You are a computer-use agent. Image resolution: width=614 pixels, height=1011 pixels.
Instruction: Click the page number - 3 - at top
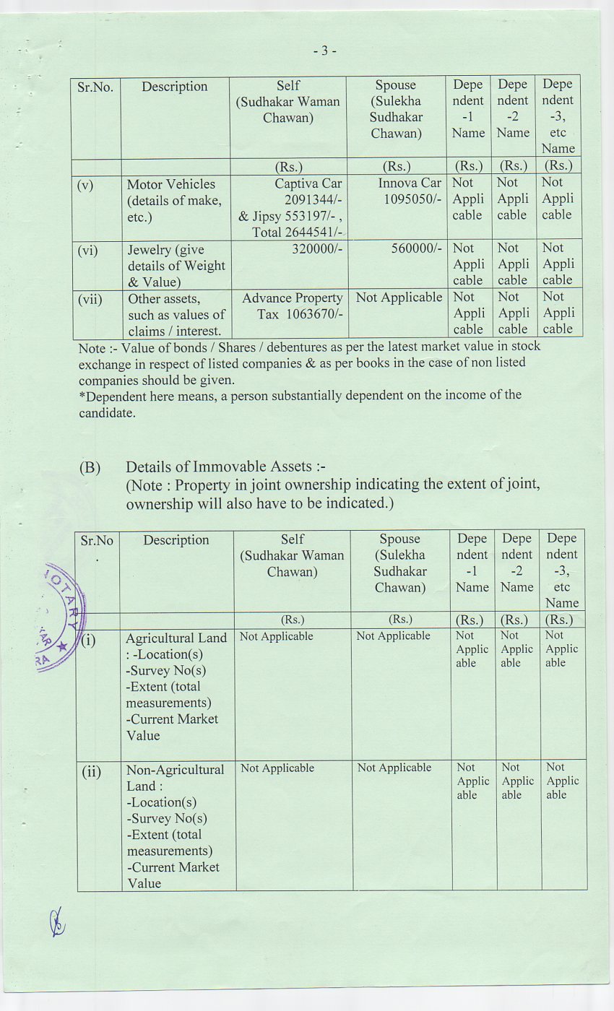(x=325, y=51)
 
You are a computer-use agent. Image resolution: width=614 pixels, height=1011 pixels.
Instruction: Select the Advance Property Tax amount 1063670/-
(x=313, y=315)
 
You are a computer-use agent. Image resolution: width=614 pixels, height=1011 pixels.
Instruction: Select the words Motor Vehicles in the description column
(x=171, y=184)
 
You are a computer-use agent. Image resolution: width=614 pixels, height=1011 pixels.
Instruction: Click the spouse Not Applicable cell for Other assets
(x=399, y=298)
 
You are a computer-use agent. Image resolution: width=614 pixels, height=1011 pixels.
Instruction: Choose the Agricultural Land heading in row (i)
(x=176, y=638)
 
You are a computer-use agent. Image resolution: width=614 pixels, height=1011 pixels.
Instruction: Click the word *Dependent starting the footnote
(x=113, y=396)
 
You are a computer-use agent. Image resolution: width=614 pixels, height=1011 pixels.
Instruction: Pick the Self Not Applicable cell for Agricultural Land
(x=277, y=636)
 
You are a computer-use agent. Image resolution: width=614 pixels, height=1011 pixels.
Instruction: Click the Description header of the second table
(x=176, y=540)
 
